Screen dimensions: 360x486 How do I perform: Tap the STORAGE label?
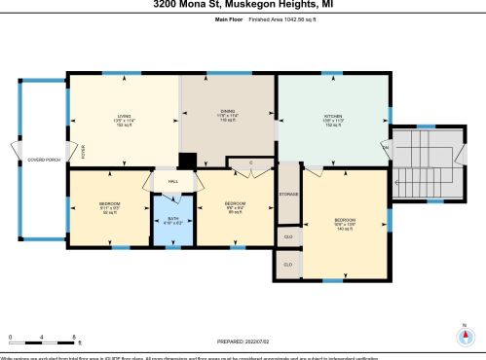click(x=288, y=194)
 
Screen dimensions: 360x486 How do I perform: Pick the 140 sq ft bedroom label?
click(x=346, y=222)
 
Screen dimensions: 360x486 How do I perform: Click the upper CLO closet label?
click(x=288, y=235)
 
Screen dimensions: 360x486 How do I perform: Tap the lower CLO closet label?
click(x=288, y=263)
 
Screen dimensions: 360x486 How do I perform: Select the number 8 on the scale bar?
click(x=76, y=338)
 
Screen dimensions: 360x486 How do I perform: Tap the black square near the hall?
click(x=187, y=162)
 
